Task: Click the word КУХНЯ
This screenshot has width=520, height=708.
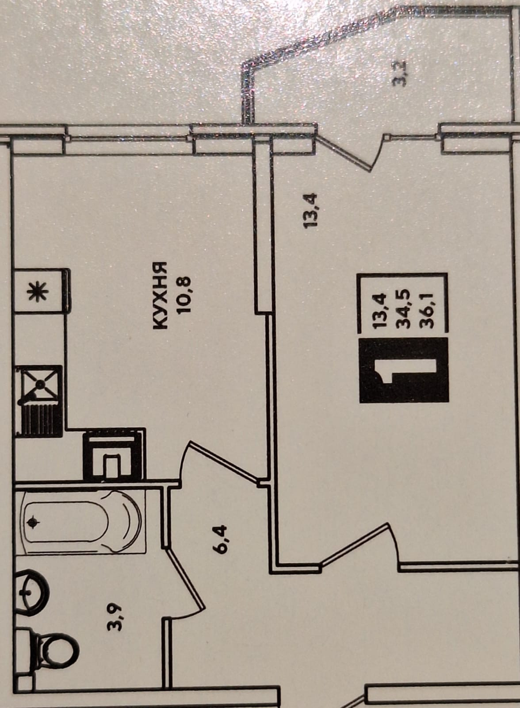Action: pyautogui.click(x=160, y=295)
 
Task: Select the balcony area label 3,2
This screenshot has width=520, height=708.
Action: pyautogui.click(x=399, y=75)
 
